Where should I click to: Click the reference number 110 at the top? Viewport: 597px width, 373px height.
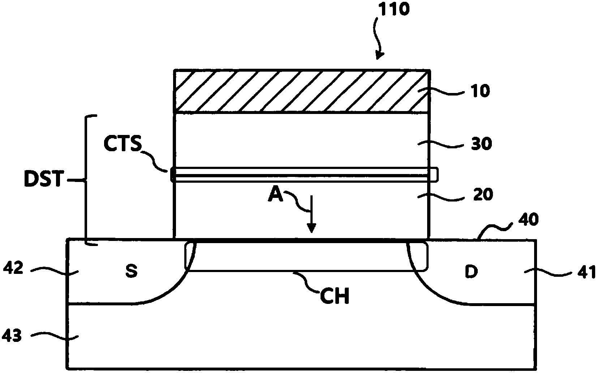[x=394, y=9]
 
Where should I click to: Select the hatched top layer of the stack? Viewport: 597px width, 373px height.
[x=302, y=91]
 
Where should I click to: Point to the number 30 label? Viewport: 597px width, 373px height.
[x=481, y=144]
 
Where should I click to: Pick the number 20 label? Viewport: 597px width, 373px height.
[x=483, y=195]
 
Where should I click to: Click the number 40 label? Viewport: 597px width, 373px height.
[x=528, y=220]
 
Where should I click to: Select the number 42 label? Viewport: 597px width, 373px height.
[x=13, y=268]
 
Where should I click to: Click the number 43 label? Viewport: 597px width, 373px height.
[x=12, y=336]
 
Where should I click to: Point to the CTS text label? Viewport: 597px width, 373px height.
[x=123, y=144]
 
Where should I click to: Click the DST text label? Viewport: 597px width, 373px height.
[x=44, y=179]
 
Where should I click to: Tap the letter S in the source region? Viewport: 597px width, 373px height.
[x=131, y=271]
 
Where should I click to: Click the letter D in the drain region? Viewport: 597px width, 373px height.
[x=471, y=272]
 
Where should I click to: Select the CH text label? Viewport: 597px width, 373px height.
[x=335, y=296]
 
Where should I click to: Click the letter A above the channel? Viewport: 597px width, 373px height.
[x=275, y=194]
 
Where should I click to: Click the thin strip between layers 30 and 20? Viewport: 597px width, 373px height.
[x=304, y=175]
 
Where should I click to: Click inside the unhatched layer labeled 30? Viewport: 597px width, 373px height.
[x=301, y=140]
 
